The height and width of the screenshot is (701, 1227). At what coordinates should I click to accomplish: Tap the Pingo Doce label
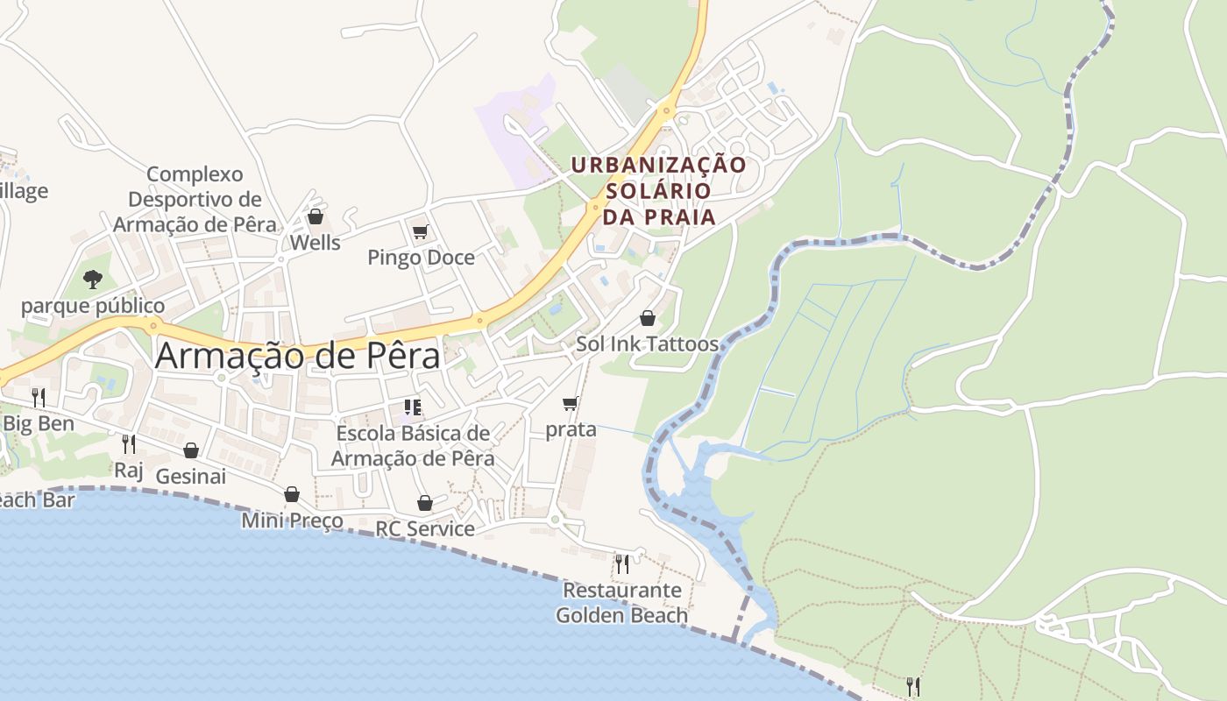click(x=421, y=258)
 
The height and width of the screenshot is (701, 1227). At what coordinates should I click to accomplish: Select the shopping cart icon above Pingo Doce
click(x=421, y=232)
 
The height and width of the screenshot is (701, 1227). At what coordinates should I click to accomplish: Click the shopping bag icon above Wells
click(x=315, y=216)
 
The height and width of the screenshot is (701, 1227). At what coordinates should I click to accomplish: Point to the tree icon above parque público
click(x=93, y=280)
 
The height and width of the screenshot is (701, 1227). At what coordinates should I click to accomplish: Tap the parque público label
click(x=93, y=306)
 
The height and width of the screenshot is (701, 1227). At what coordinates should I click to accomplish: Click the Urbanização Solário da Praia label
click(x=659, y=190)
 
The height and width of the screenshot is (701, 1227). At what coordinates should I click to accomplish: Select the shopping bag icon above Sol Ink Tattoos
click(x=648, y=318)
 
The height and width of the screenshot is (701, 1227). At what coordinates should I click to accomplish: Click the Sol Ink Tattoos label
click(x=648, y=343)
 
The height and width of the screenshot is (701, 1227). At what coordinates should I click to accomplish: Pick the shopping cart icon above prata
click(x=571, y=404)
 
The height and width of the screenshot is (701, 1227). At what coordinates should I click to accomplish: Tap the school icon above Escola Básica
click(x=413, y=407)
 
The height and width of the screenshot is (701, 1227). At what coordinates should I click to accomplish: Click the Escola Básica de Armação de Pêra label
click(x=413, y=445)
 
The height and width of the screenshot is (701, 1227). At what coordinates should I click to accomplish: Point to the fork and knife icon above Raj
click(x=129, y=444)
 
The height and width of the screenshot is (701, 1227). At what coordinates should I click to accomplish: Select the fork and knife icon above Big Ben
click(x=38, y=398)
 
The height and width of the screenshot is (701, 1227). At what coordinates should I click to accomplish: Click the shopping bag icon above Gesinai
click(x=191, y=450)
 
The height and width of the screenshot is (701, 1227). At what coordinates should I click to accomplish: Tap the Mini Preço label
click(x=293, y=521)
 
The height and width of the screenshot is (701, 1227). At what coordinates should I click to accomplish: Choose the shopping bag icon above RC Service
click(x=425, y=503)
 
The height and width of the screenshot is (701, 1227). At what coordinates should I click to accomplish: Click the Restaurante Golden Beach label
click(x=622, y=603)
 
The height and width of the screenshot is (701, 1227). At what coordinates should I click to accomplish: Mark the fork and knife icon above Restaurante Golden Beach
click(x=622, y=563)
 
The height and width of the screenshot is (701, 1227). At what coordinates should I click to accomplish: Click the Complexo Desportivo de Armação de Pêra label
click(x=195, y=199)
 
